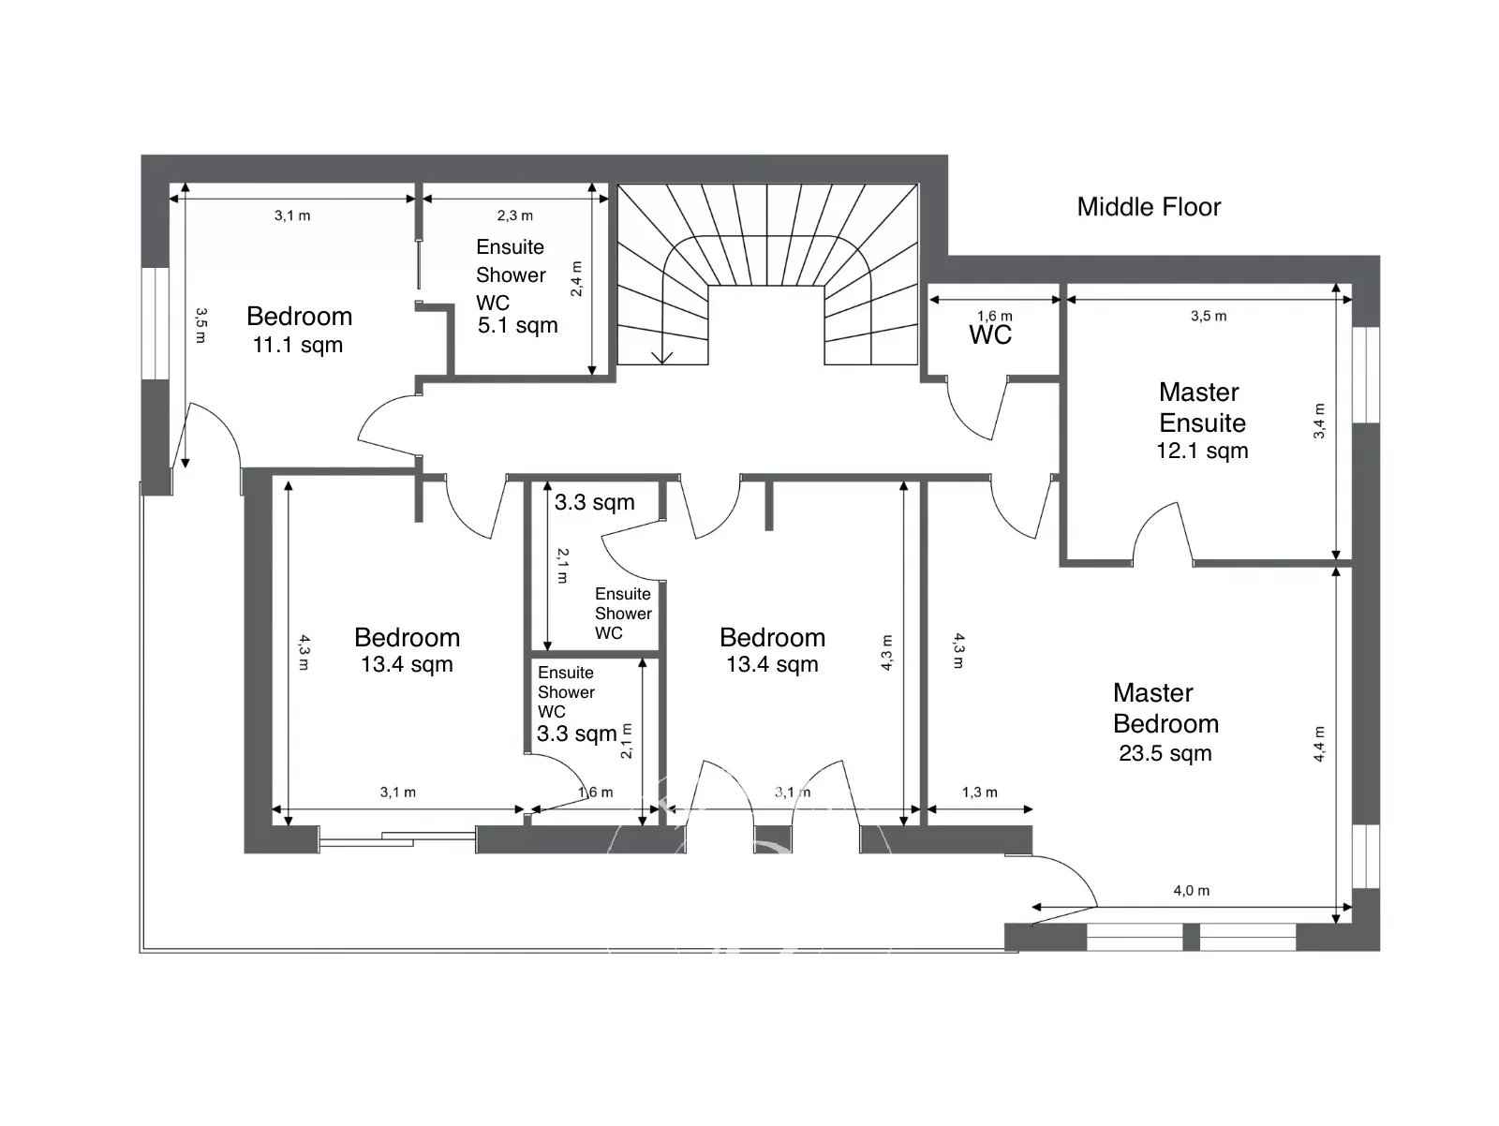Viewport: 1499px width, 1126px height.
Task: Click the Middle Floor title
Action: pos(1148,207)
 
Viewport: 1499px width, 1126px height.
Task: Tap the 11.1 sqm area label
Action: pos(298,346)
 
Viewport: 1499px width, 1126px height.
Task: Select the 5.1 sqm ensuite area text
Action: pos(518,326)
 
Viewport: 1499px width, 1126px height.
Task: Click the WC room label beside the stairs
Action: pos(990,334)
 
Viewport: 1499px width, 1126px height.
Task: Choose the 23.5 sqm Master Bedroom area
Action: pos(1165,753)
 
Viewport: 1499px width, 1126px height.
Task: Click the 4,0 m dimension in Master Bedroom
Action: pos(1191,891)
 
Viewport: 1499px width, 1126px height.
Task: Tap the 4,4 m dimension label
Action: pos(1319,744)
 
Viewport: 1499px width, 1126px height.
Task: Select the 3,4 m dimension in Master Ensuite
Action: pos(1319,422)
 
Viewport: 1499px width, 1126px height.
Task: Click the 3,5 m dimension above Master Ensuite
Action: pos(1208,316)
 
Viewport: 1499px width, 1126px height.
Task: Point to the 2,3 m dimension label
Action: pos(514,215)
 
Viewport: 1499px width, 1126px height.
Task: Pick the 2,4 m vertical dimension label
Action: pos(576,278)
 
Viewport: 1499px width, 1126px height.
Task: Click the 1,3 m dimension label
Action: pos(979,793)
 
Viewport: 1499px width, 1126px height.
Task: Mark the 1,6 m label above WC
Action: pos(994,316)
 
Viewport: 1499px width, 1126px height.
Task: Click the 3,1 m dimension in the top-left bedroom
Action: pos(292,215)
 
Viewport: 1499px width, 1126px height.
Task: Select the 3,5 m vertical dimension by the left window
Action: pos(200,325)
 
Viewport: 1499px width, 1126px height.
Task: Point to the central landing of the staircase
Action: pos(765,324)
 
